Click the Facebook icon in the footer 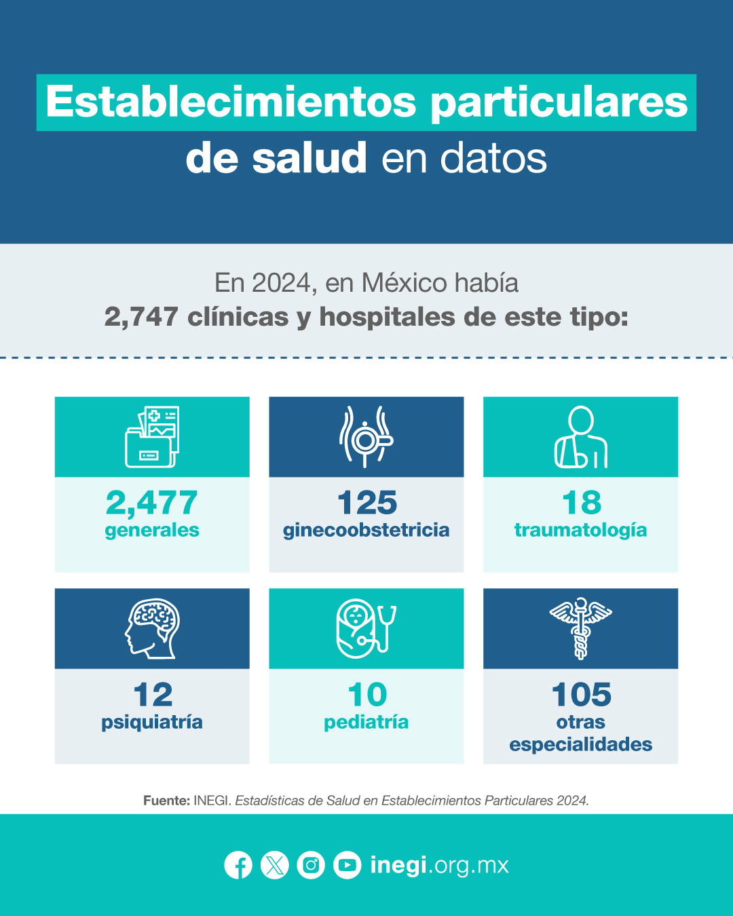point(238,865)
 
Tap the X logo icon point(275,865)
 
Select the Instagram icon point(311,865)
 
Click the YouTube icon point(347,865)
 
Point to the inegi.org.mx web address point(440,866)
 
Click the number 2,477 point(151,503)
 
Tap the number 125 point(366,503)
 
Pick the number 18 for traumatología point(582,503)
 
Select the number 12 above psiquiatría point(153,695)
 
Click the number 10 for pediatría point(367,695)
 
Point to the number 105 point(582,695)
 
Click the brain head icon point(152,629)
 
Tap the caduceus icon point(580,629)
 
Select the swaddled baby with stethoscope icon point(366,629)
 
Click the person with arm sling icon point(580,437)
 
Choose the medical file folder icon point(152,437)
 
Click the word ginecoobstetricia point(366,531)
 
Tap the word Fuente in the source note point(166,801)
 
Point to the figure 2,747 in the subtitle point(141,318)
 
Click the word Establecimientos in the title point(231,102)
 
